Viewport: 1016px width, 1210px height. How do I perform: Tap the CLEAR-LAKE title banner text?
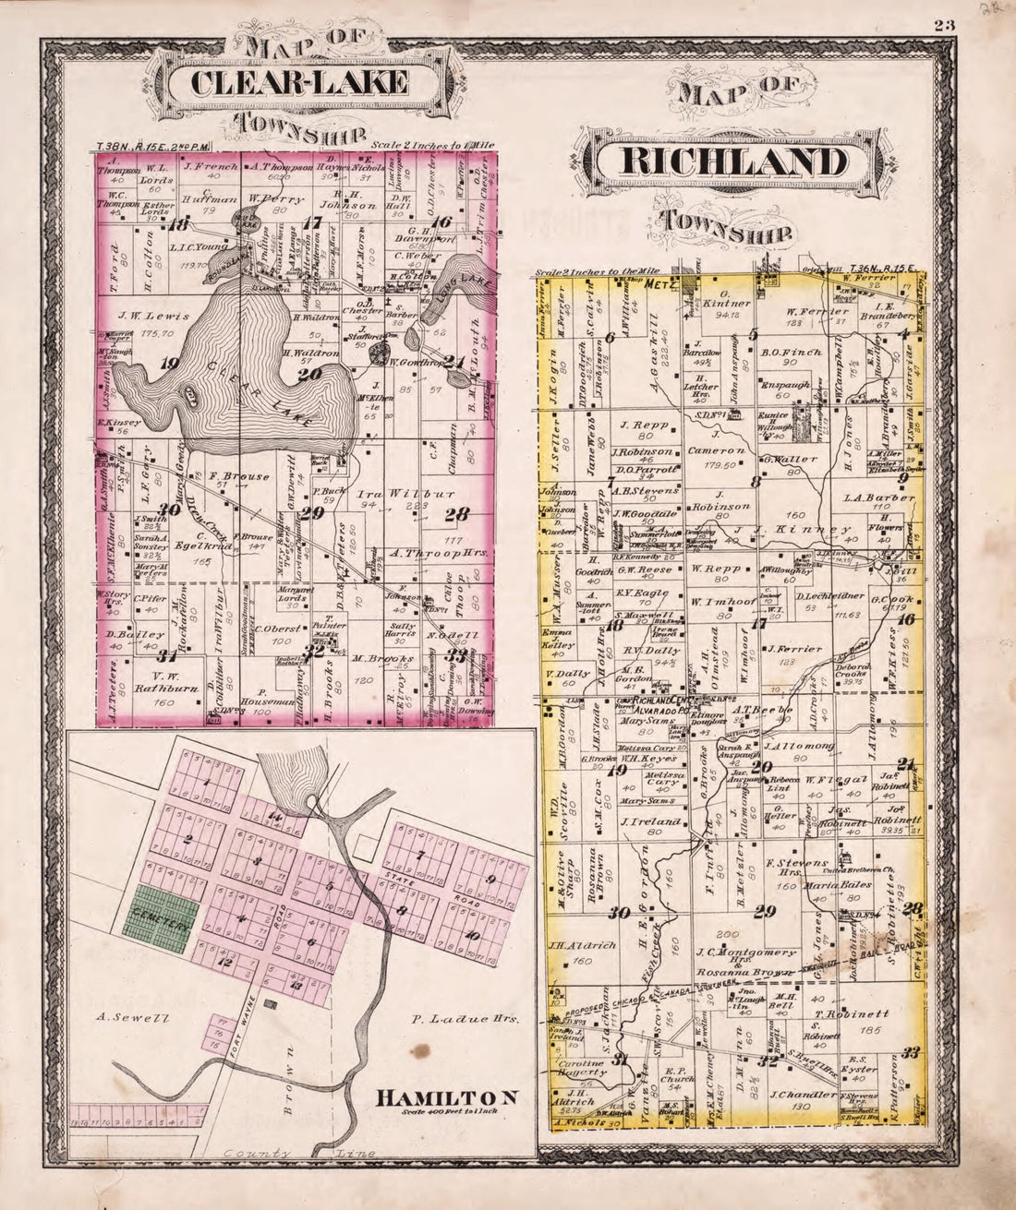[298, 83]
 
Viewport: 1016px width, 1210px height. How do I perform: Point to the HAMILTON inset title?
[445, 1097]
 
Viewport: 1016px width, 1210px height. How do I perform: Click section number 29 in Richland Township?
[764, 912]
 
